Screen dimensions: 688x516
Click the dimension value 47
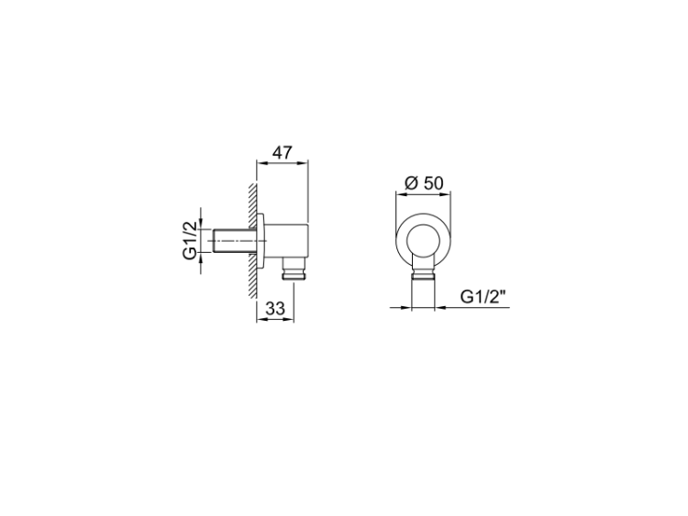283,152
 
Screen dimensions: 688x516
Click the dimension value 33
275,309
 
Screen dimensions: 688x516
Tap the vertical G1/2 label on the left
190,240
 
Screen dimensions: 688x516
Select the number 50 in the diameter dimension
434,182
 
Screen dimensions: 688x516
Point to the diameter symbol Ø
411,182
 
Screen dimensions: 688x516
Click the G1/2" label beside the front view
483,297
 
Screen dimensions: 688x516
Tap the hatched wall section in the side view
252,240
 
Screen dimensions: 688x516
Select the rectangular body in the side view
287,240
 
